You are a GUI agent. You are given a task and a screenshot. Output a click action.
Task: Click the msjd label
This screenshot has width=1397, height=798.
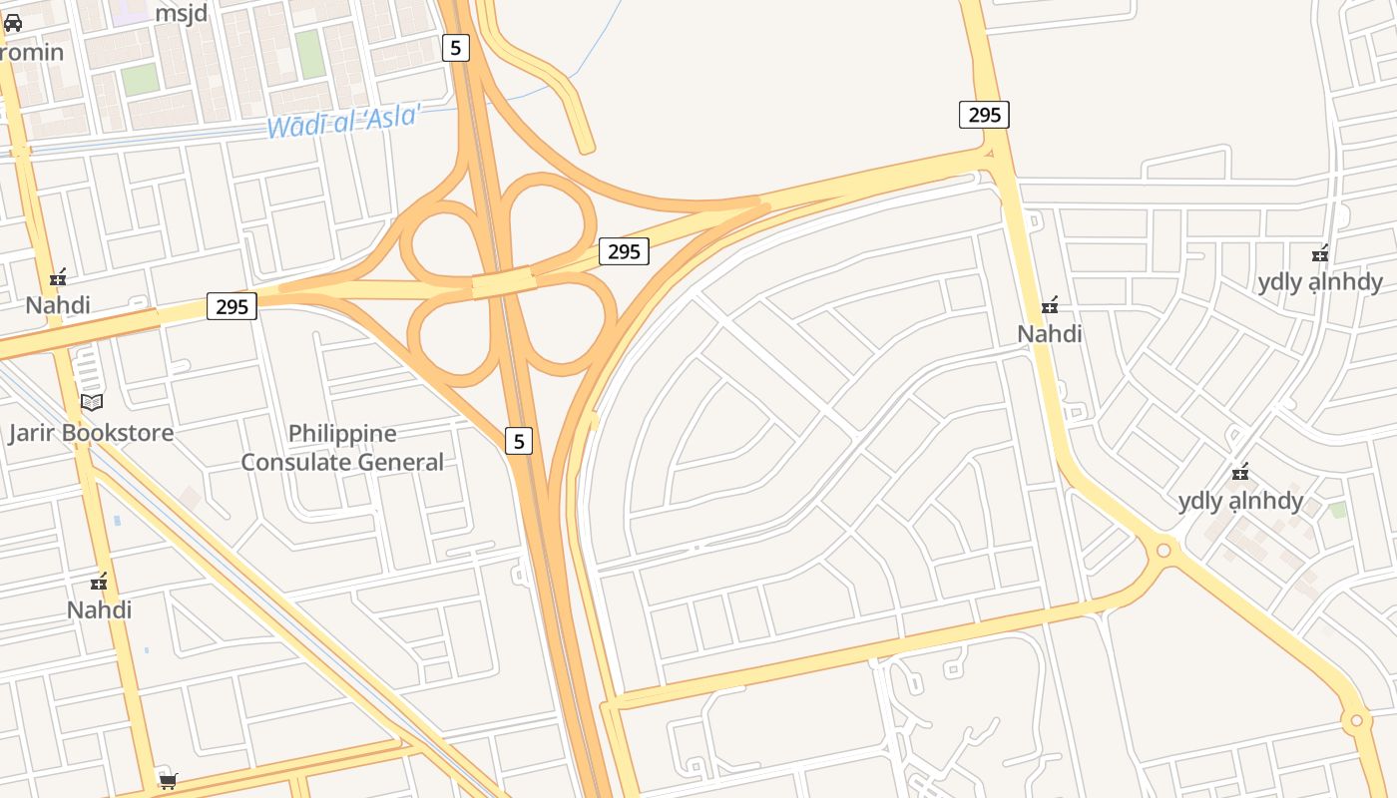[181, 13]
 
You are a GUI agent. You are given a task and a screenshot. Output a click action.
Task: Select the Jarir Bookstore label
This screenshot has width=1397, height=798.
[91, 433]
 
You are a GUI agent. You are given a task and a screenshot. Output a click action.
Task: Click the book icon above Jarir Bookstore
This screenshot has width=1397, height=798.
[92, 402]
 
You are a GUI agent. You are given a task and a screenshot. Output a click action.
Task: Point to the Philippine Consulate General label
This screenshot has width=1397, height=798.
[342, 448]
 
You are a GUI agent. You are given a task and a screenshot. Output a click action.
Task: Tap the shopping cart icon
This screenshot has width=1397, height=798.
[168, 781]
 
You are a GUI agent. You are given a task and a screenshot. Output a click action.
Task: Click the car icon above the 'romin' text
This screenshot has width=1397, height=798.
[13, 23]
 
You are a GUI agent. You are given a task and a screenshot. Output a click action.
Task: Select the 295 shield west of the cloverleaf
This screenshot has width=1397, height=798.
[232, 306]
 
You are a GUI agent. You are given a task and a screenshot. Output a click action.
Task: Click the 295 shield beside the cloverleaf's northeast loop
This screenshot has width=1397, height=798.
[624, 251]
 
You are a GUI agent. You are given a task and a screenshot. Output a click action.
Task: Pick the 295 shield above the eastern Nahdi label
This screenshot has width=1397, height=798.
[984, 115]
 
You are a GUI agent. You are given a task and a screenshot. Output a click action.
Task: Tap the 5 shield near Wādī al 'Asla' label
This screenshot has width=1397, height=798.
[455, 48]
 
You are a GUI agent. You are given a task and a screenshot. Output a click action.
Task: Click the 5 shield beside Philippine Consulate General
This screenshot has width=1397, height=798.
[518, 440]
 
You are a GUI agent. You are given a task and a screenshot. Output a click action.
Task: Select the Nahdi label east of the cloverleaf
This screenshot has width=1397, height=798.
[1050, 333]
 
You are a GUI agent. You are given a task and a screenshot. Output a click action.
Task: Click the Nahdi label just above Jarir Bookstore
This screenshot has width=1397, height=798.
[58, 305]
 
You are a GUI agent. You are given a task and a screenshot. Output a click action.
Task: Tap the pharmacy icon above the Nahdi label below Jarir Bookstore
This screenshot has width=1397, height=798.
[99, 581]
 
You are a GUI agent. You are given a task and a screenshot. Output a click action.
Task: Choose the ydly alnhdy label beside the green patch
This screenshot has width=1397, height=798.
[1240, 501]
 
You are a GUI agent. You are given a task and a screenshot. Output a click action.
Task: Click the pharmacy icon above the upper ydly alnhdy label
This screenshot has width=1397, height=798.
[1320, 254]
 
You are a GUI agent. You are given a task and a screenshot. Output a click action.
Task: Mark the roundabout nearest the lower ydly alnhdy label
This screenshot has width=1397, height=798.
[1163, 550]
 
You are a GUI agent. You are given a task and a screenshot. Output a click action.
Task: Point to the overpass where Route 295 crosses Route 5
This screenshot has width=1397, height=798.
[504, 283]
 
